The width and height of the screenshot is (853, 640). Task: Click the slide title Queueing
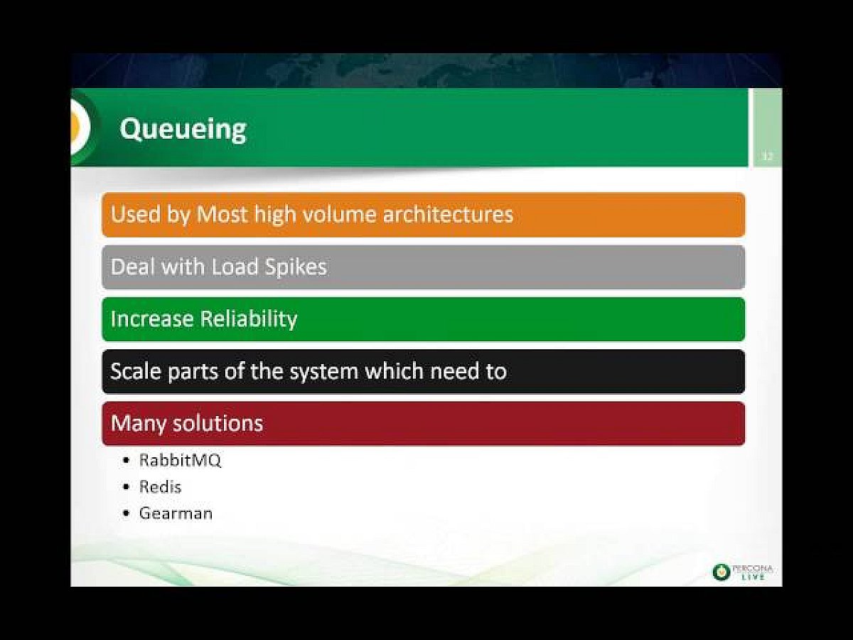tap(183, 130)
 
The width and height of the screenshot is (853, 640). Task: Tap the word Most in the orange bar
tap(222, 214)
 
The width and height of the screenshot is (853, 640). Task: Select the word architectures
tap(448, 214)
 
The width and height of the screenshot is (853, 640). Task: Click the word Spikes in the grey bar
tap(296, 267)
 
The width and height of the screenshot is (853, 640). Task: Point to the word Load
tap(235, 267)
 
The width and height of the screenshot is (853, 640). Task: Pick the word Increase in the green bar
tap(152, 319)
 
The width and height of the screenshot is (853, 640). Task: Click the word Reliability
tap(249, 319)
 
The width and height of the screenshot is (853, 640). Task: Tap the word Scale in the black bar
tap(136, 371)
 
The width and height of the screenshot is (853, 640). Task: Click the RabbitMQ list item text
tap(180, 461)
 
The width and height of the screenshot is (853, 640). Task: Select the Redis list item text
tap(160, 487)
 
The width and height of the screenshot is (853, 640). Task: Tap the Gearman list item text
tap(176, 513)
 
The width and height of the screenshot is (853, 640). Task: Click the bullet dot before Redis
tap(126, 487)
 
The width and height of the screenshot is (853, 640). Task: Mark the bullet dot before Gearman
tap(126, 513)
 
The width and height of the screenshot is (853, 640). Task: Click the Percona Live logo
tap(742, 572)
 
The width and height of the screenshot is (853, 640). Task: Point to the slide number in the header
tap(767, 156)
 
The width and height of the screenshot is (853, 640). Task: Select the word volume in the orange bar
tap(339, 214)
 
